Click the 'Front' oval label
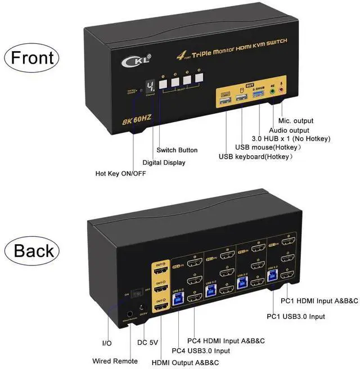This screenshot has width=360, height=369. coord(31,57)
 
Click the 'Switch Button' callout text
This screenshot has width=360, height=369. coord(177,150)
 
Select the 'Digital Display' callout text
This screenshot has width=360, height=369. coord(164,163)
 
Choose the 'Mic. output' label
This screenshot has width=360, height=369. coord(296,120)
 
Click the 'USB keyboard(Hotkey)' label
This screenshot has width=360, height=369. coord(256,156)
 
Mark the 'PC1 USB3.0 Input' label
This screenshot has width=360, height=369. coord(296,316)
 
